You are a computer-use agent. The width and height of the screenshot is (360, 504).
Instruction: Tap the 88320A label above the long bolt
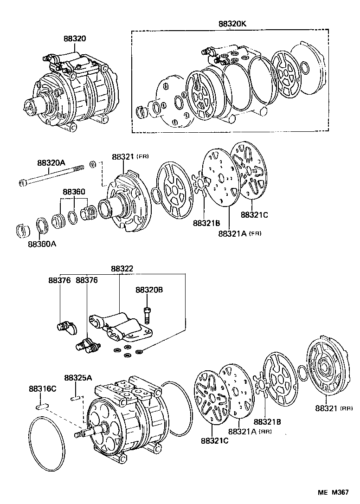51,163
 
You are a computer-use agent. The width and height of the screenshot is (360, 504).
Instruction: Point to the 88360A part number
42,244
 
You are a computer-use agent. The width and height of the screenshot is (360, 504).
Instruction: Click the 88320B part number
149,290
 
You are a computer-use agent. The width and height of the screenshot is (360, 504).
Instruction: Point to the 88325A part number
78,378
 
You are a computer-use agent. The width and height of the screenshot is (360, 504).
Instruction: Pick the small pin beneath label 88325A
77,397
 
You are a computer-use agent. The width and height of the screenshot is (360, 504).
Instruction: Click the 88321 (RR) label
333,408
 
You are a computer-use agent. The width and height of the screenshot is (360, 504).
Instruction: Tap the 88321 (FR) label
130,157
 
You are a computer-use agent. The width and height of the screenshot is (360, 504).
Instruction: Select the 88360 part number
74,192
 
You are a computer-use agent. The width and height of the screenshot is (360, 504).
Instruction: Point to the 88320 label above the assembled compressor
75,39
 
